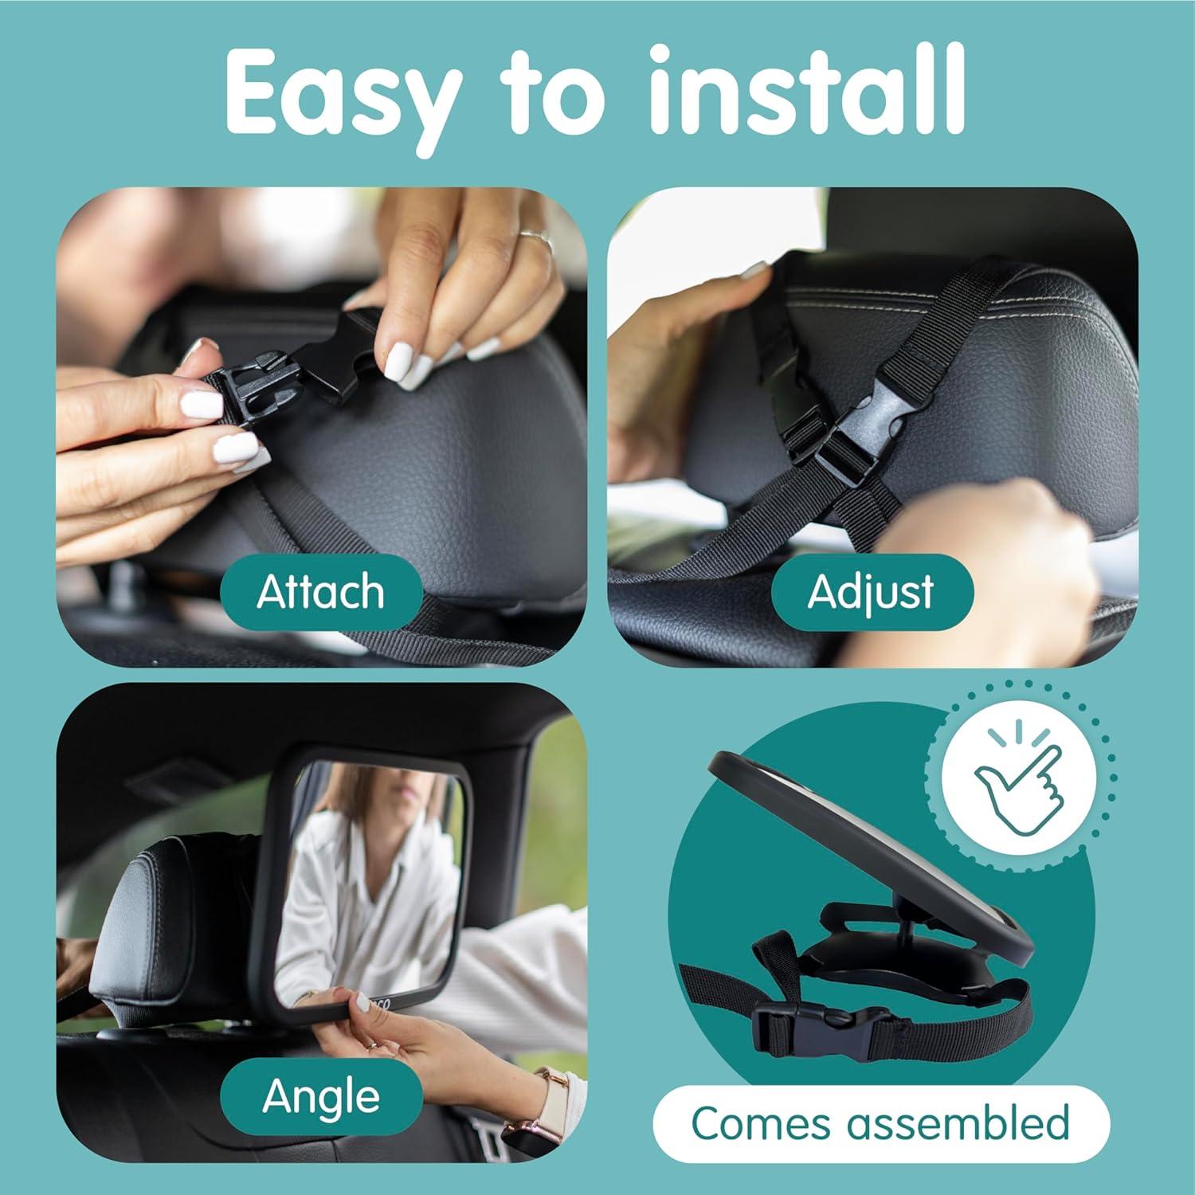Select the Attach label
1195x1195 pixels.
pyautogui.click(x=320, y=591)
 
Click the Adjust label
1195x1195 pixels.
pyautogui.click(x=871, y=591)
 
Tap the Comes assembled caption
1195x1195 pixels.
pyautogui.click(x=880, y=1123)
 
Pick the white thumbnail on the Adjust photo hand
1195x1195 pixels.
pyautogui.click(x=753, y=269)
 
